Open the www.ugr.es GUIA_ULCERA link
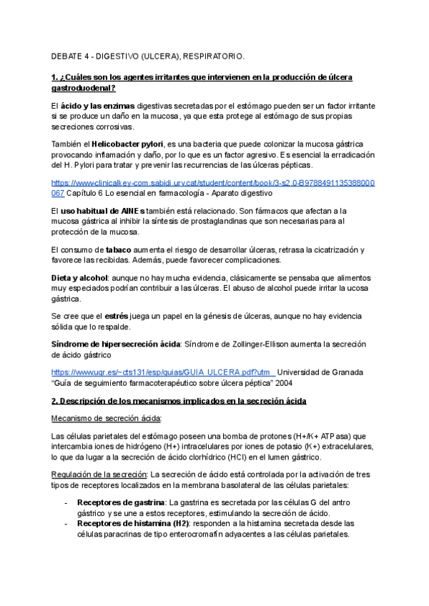(163, 372)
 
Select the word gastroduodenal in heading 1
(83, 88)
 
